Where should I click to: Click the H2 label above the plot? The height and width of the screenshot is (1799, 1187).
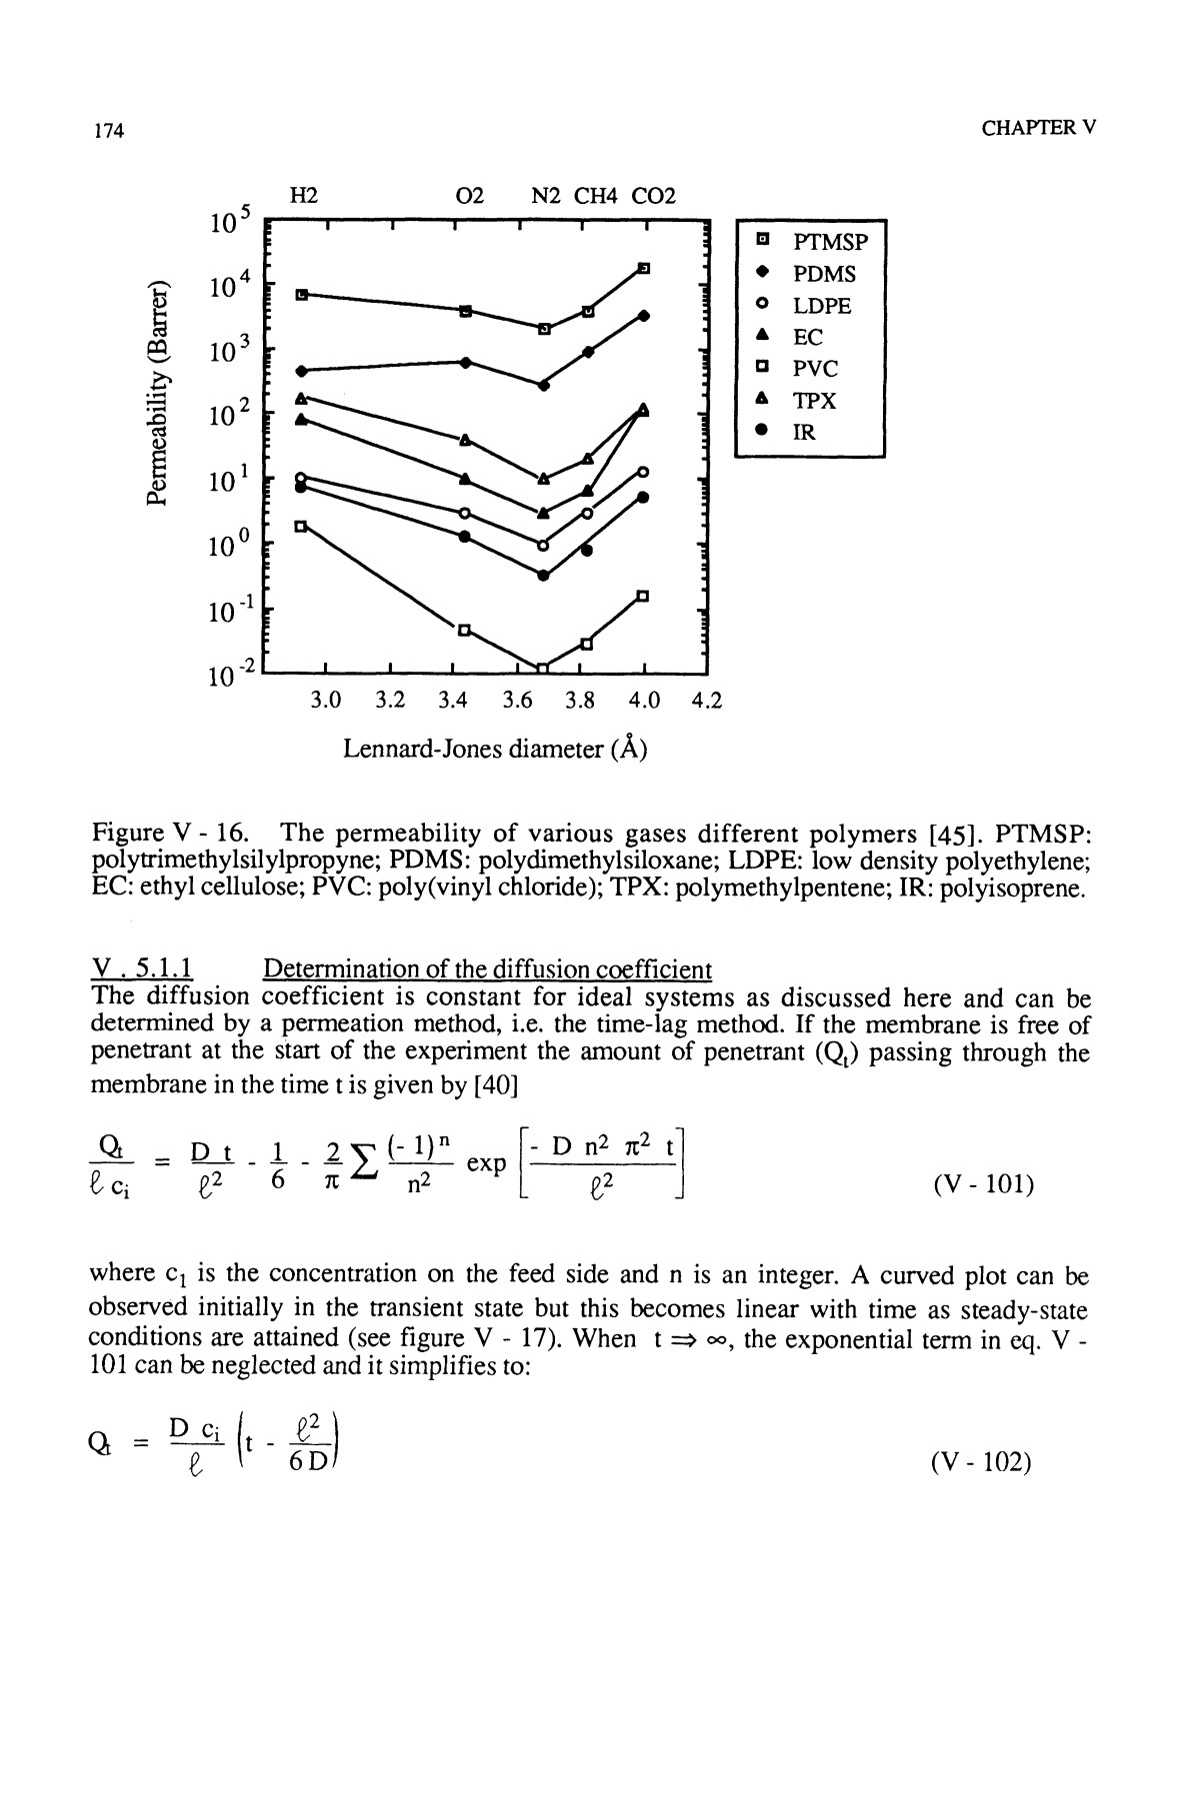(303, 196)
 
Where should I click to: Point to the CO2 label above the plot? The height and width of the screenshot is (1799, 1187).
(653, 196)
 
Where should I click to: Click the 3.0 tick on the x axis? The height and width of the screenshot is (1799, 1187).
(326, 701)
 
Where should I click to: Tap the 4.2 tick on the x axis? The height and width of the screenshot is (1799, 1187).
(706, 701)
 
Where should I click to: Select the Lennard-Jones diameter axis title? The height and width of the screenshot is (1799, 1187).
(495, 749)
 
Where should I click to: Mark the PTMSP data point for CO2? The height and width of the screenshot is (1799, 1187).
(644, 268)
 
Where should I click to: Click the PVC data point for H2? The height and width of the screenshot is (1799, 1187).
(301, 525)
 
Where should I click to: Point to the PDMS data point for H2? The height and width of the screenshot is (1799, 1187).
(301, 371)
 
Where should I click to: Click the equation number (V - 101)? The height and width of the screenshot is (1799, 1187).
(982, 1185)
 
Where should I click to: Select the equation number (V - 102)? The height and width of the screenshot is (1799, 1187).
(980, 1462)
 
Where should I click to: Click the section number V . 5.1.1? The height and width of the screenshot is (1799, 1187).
(141, 968)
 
